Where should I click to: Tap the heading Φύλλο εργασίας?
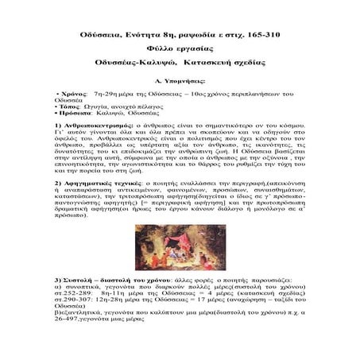(180, 48)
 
